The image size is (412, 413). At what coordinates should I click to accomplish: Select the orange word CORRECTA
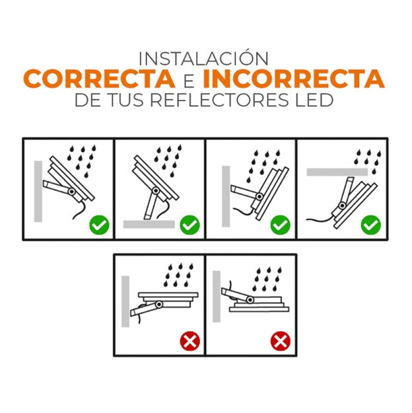(x=100, y=79)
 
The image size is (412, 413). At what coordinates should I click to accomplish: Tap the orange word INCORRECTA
(x=294, y=79)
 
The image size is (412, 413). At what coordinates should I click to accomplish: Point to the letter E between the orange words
(x=189, y=80)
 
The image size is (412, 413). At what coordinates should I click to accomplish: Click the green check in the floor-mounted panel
(x=189, y=225)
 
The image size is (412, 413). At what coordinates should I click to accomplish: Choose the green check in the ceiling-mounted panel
(x=370, y=225)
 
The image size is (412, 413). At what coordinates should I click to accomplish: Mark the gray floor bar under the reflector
(x=149, y=224)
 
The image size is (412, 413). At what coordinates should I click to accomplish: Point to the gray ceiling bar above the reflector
(x=337, y=172)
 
